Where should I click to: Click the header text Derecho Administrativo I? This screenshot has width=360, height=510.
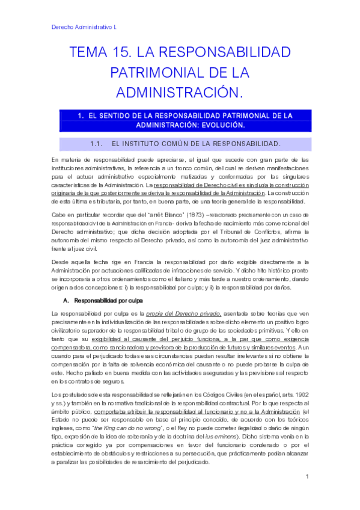click(85, 28)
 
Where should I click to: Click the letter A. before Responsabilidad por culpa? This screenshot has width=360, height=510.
click(66, 299)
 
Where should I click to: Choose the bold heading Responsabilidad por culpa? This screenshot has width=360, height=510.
click(108, 299)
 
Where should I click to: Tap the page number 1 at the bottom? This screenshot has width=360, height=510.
click(307, 477)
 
